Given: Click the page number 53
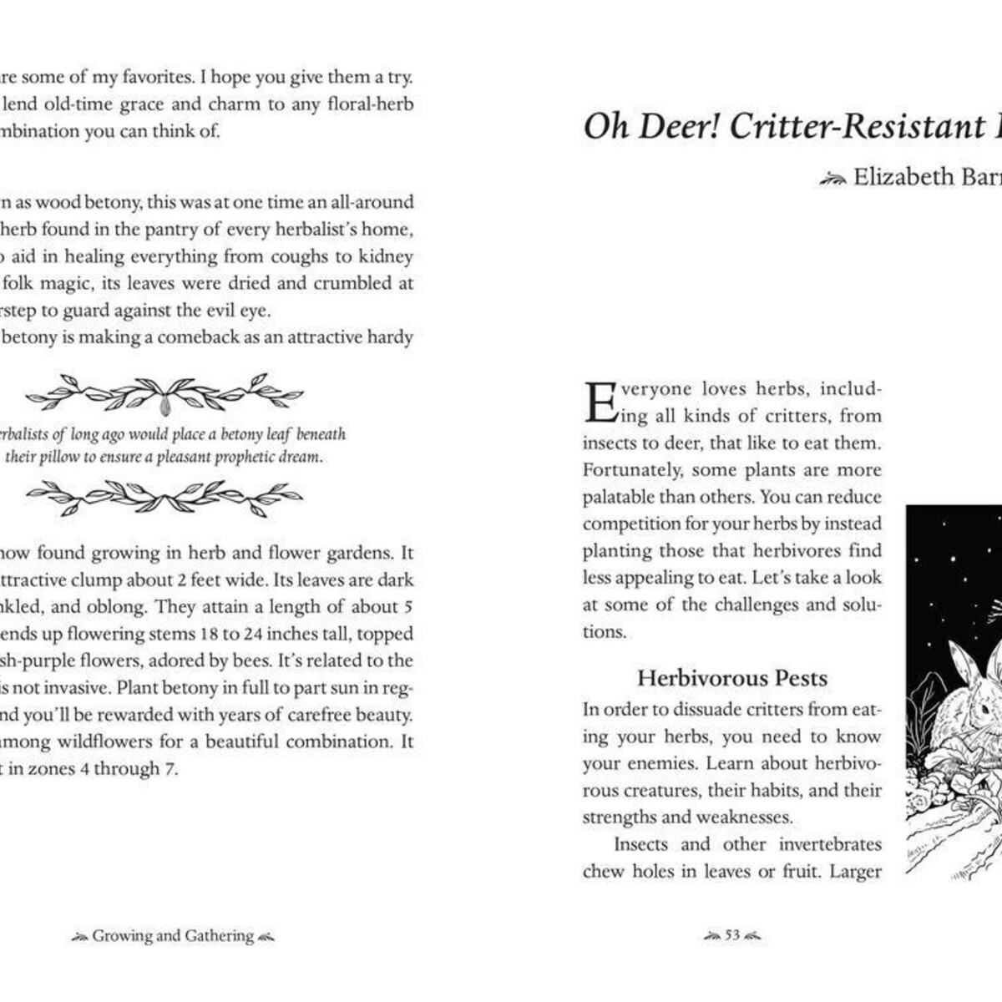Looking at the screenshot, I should (x=732, y=936).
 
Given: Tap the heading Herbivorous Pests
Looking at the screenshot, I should (x=731, y=678).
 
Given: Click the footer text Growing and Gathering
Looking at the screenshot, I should (x=173, y=936).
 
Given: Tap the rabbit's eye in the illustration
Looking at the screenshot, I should (x=985, y=709).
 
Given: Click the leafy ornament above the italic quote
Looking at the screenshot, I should (x=164, y=393).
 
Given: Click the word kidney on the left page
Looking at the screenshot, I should (x=387, y=256).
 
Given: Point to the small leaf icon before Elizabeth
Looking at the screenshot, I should (x=832, y=178).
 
